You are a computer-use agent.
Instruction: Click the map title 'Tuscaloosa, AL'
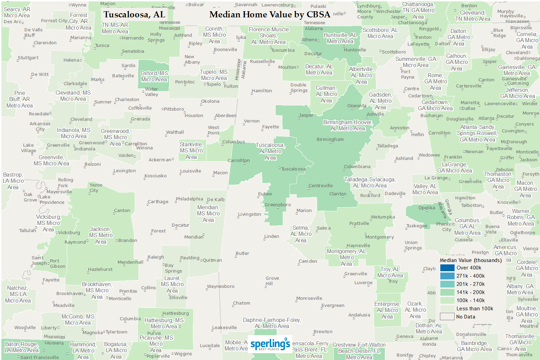click(x=134, y=15)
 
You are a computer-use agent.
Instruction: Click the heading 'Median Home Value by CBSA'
click(x=269, y=15)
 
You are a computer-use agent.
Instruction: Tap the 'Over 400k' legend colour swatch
click(x=447, y=268)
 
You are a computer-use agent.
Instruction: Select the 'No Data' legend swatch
click(x=447, y=317)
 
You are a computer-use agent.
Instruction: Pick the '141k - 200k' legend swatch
click(x=447, y=292)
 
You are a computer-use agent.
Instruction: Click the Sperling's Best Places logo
click(x=270, y=344)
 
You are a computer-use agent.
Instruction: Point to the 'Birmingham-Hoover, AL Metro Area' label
click(x=347, y=125)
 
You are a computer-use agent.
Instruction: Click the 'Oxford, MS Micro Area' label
click(x=154, y=77)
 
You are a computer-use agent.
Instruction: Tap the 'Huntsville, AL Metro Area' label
click(x=340, y=38)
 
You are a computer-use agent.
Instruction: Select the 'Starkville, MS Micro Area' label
click(x=191, y=150)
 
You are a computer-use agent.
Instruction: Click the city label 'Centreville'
click(x=321, y=186)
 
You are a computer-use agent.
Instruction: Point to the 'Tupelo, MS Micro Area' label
click(x=214, y=75)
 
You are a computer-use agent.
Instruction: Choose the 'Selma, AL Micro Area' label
click(x=301, y=234)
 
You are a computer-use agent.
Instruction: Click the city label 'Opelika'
click(x=427, y=208)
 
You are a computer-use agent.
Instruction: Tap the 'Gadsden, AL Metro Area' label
click(x=380, y=101)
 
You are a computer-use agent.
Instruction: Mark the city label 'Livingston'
click(x=249, y=214)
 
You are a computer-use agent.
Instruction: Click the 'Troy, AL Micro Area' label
click(x=390, y=272)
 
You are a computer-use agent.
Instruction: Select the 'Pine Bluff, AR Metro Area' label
click(x=20, y=99)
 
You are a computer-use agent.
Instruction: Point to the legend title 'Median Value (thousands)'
click(x=471, y=260)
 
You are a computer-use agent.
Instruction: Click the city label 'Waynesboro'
click(x=220, y=287)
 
